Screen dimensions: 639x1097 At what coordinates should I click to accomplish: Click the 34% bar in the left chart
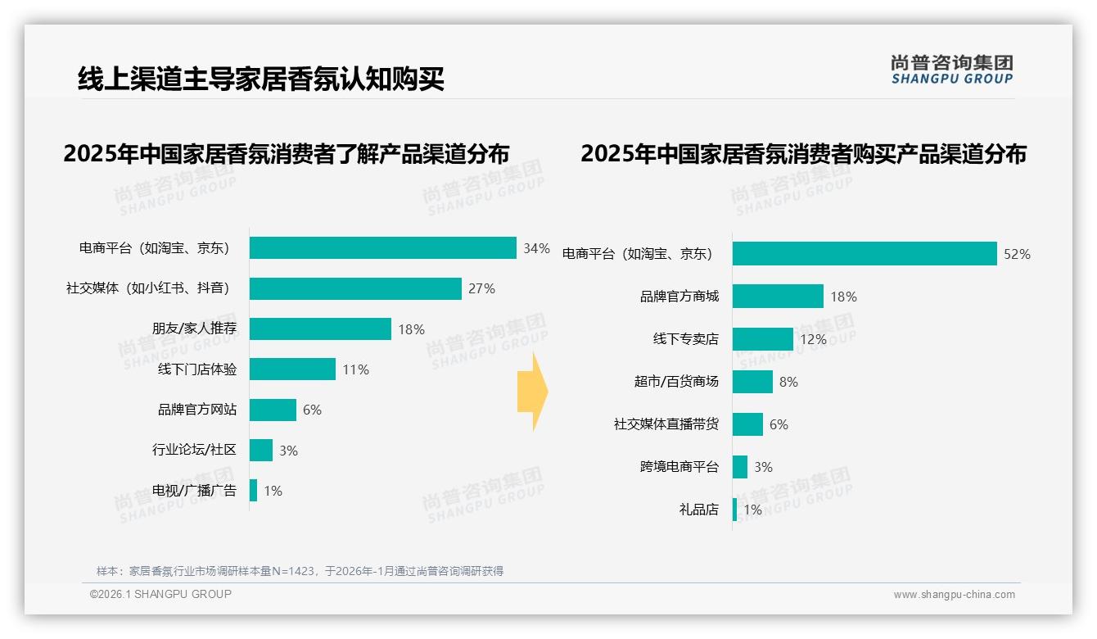(x=382, y=248)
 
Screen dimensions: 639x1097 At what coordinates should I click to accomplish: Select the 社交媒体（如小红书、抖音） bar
(x=355, y=288)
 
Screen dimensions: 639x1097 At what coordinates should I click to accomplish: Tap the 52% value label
(x=1017, y=254)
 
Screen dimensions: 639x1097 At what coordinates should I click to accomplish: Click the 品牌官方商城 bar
(x=778, y=297)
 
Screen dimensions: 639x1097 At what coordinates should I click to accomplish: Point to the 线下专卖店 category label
(x=685, y=339)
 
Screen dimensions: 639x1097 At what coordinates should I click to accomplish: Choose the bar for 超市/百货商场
(x=752, y=382)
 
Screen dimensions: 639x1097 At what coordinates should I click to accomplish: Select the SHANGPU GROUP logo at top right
(x=951, y=69)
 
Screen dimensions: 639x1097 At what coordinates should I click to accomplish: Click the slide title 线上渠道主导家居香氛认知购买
(x=260, y=79)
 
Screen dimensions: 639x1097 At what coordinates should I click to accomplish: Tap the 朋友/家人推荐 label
(x=194, y=329)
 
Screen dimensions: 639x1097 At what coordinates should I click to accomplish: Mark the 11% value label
(x=355, y=369)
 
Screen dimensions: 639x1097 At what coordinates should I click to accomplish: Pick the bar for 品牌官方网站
(x=273, y=410)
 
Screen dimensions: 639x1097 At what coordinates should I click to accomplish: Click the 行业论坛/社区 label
(x=194, y=450)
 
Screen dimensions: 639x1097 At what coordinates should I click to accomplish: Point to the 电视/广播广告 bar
(x=254, y=491)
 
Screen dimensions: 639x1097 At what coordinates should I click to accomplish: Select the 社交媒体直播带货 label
(x=666, y=424)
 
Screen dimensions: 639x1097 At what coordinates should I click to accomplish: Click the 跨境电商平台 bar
(x=740, y=467)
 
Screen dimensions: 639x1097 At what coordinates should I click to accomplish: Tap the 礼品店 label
(x=698, y=510)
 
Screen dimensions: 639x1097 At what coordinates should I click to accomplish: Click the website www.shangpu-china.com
(x=954, y=595)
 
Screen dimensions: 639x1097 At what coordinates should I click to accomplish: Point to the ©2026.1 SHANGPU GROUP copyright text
(x=160, y=594)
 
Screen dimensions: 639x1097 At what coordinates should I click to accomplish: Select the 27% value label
(x=481, y=288)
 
